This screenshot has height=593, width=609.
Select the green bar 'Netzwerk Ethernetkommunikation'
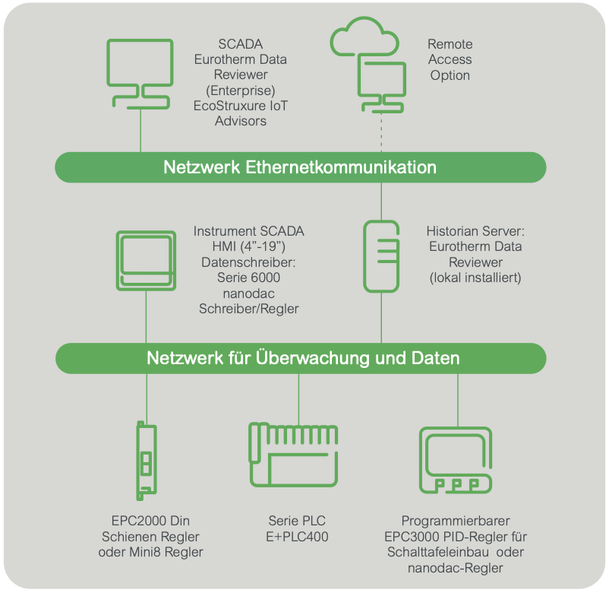[301, 167]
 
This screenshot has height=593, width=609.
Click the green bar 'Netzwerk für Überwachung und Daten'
[301, 358]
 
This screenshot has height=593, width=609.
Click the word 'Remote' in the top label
[450, 44]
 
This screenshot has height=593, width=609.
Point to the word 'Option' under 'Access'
[450, 75]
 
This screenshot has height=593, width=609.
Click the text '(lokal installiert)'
[475, 277]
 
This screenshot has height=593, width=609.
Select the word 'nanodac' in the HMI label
[248, 293]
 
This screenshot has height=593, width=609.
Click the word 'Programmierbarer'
[455, 521]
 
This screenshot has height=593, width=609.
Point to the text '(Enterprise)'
[241, 90]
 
